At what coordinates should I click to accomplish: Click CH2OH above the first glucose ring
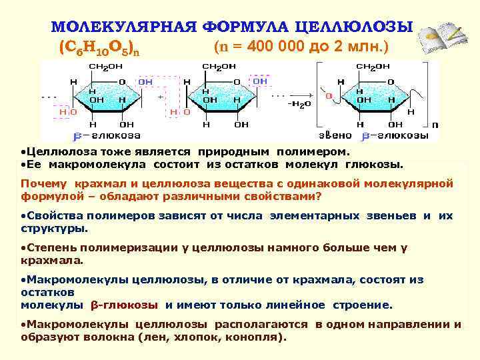click(105, 67)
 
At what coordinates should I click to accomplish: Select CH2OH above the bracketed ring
click(373, 67)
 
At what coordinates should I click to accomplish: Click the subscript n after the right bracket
click(435, 125)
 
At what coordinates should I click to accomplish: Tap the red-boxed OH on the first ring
click(145, 81)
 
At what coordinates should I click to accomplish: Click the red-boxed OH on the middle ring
click(260, 81)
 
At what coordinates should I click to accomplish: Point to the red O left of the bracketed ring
click(328, 96)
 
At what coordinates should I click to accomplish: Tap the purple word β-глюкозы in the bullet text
click(124, 305)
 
